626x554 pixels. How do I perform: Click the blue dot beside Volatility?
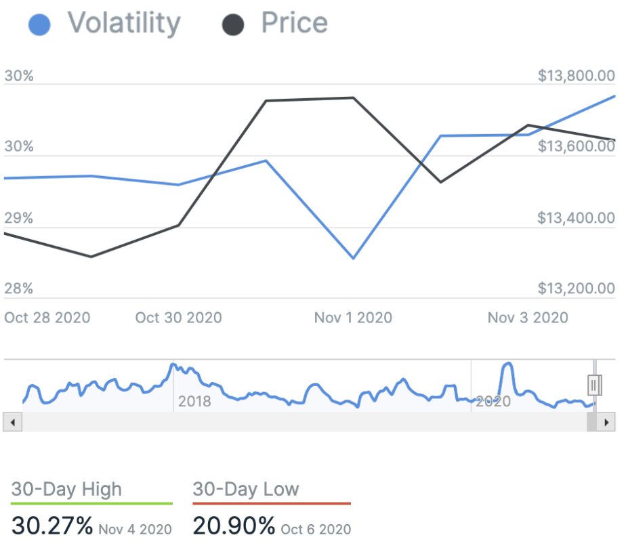[x=40, y=26]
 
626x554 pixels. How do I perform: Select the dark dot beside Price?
[x=233, y=26]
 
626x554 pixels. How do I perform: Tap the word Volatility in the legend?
[x=124, y=24]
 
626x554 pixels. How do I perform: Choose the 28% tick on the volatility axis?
[x=18, y=289]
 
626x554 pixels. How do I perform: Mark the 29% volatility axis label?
[x=18, y=218]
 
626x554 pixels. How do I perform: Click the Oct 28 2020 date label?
[x=47, y=317]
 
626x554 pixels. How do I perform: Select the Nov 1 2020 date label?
[x=353, y=317]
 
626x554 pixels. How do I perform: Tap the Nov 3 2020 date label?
[x=528, y=317]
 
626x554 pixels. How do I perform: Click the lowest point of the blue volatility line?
[x=353, y=258]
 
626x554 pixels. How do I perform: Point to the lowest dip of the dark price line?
[x=91, y=257]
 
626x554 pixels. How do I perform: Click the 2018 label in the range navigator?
[x=194, y=402]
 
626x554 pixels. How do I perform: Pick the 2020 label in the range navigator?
[x=493, y=402]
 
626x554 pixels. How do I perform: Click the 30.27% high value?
[x=52, y=525]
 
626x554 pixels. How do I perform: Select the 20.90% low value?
[x=234, y=525]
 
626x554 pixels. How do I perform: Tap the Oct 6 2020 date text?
[x=316, y=528]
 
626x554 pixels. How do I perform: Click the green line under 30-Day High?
[x=91, y=503]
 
